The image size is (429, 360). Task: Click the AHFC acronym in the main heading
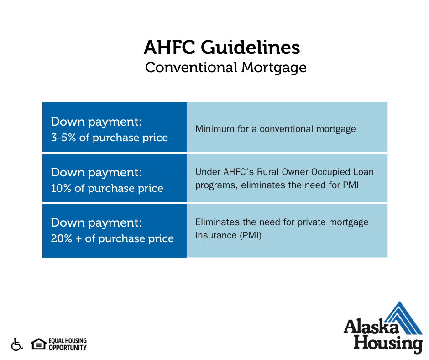[169, 48]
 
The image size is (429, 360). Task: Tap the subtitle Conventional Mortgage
[226, 68]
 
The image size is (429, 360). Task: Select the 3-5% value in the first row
[63, 137]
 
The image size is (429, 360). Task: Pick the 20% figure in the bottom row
[62, 238]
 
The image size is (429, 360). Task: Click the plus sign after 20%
[78, 239]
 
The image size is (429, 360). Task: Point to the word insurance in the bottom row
[216, 235]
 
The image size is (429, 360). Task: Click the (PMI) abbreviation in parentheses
[251, 235]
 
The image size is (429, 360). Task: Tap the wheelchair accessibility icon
[17, 344]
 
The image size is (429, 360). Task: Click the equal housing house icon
[39, 344]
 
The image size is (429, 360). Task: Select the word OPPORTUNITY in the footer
[68, 348]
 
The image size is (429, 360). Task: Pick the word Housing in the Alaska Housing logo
[388, 344]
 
